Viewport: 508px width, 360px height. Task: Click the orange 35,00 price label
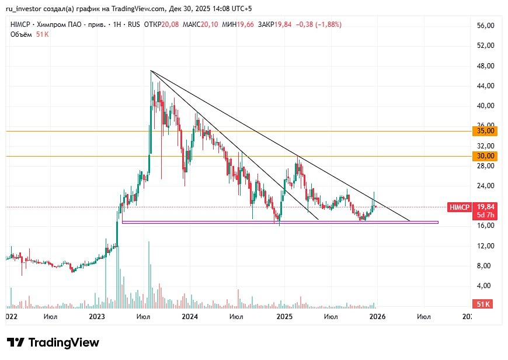pos(486,131)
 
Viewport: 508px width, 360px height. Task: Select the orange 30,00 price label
pos(486,156)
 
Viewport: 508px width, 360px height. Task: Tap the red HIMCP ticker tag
pos(457,207)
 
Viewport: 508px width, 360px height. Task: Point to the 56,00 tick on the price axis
pos(486,26)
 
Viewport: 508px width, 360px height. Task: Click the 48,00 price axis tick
pos(486,65)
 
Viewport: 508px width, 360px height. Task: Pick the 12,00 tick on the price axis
pos(486,245)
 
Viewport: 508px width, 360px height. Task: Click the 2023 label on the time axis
pos(96,316)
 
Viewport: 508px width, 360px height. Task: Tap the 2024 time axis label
pos(190,316)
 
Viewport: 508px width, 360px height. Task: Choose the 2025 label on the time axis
pos(284,316)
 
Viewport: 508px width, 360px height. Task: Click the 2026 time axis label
pos(377,316)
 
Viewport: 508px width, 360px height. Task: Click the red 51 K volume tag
pos(483,304)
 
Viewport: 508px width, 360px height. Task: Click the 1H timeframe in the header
pos(116,25)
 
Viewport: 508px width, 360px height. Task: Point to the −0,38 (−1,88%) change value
pos(319,25)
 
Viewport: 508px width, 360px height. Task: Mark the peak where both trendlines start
pos(151,71)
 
